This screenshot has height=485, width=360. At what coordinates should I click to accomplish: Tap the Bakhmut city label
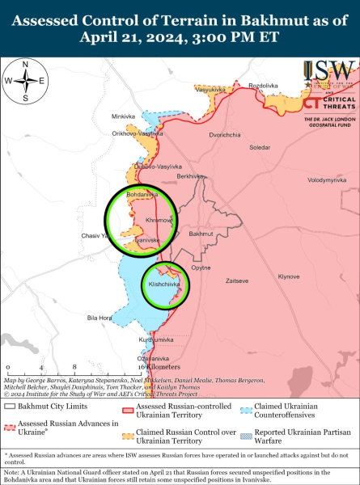[202, 234]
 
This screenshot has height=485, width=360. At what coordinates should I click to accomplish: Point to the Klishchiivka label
[164, 285]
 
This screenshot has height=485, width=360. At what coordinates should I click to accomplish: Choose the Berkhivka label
[190, 176]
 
